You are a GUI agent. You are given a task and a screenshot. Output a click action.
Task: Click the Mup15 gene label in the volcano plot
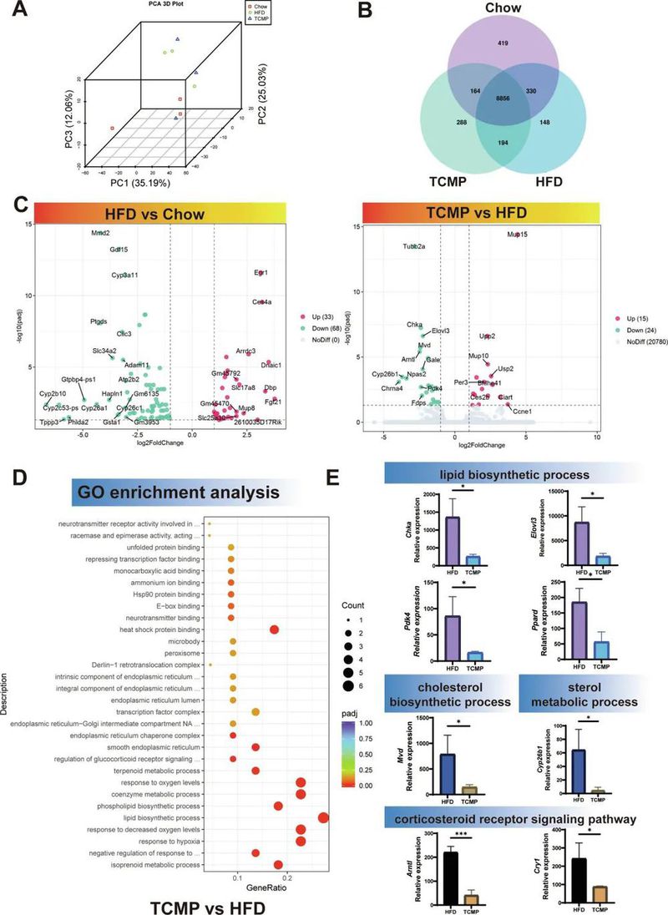pyautogui.click(x=518, y=235)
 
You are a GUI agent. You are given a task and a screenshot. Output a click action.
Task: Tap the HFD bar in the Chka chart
pyautogui.click(x=454, y=541)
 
